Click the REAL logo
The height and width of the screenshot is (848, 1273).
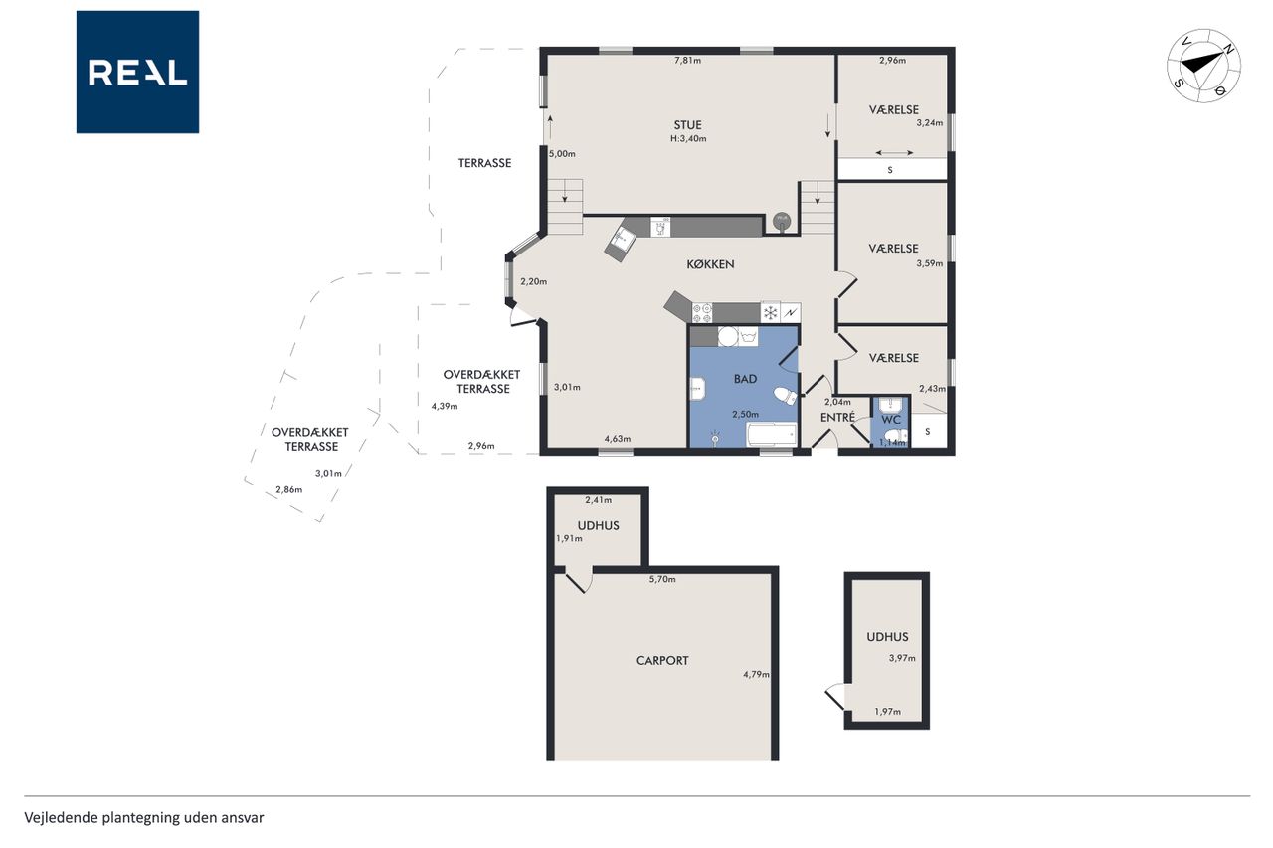click(137, 73)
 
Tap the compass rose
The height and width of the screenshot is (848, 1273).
click(1203, 66)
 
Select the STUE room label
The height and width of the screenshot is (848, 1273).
click(687, 125)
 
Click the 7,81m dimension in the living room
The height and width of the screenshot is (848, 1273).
click(687, 61)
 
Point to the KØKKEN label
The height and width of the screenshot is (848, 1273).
click(710, 264)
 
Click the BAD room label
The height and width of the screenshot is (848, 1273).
click(745, 379)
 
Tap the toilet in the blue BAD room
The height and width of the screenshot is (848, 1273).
click(786, 396)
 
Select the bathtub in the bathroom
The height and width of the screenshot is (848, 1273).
click(772, 435)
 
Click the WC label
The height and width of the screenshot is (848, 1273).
click(891, 420)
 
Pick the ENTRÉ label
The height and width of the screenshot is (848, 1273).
click(837, 417)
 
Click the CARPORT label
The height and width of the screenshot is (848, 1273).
click(662, 660)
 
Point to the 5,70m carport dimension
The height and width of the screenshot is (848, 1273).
click(662, 579)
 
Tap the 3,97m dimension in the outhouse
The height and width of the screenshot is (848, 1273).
click(902, 658)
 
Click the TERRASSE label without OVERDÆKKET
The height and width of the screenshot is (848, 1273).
click(484, 163)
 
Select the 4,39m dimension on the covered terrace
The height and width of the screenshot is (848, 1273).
click(445, 406)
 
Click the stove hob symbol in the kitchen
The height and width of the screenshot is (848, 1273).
click(702, 312)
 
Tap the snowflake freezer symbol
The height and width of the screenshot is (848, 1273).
click(771, 312)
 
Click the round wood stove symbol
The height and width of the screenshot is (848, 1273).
click(782, 220)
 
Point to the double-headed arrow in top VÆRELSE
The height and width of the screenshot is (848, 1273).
click(894, 152)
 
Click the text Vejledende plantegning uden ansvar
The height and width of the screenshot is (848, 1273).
click(144, 818)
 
